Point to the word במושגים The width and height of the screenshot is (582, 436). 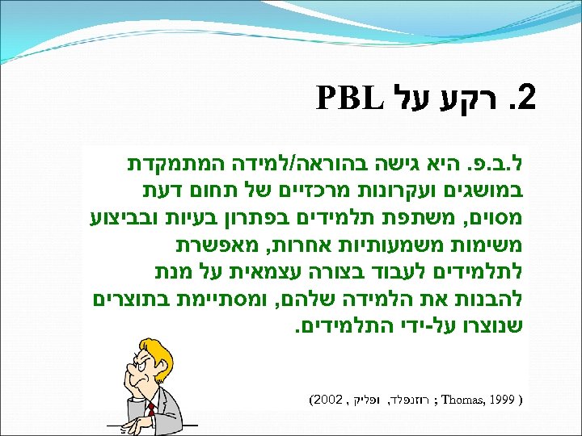click(x=491, y=194)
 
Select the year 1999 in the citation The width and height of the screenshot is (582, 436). click(x=506, y=400)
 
